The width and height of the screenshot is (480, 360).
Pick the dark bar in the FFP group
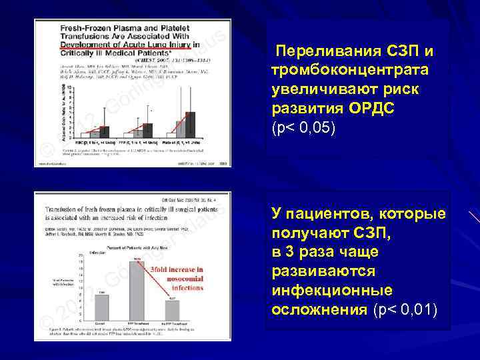(x=147, y=129)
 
